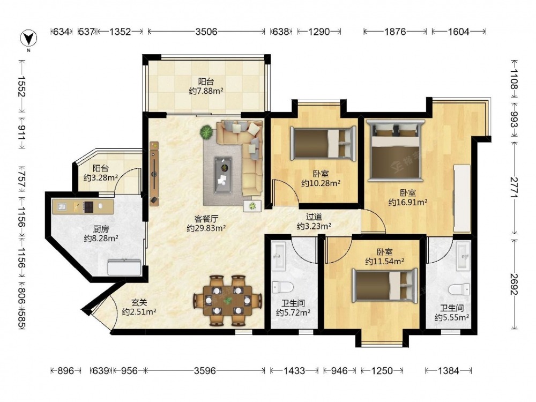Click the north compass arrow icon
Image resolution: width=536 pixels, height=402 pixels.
coord(29,38)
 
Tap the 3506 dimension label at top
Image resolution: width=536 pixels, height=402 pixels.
coord(206,32)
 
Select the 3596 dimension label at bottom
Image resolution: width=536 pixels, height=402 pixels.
coord(205,370)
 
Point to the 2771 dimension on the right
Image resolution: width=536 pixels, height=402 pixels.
coord(515,187)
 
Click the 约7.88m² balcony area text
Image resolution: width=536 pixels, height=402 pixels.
coord(206,91)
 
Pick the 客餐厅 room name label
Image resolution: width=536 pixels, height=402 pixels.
coord(206,219)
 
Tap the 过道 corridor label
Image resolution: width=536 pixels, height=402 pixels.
coord(314,217)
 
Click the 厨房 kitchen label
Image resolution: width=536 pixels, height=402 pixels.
coord(101,229)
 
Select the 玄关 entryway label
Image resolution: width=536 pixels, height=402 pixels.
coord(139,302)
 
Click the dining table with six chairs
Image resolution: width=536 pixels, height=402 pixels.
coord(228,300)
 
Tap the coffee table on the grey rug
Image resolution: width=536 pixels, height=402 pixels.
coord(223,176)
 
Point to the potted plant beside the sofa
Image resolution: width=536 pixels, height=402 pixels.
coord(206,132)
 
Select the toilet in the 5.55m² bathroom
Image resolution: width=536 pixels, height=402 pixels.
coord(460,289)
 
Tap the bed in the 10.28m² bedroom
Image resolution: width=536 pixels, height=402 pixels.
coord(323,143)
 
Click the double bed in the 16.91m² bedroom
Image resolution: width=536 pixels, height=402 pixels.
coord(395,151)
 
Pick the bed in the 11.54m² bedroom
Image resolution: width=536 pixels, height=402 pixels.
coord(384,286)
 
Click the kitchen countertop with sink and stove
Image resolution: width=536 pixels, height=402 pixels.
coord(83,206)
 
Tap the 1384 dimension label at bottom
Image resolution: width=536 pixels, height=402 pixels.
coord(448,370)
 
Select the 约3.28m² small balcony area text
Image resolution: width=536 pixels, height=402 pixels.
coord(101,178)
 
